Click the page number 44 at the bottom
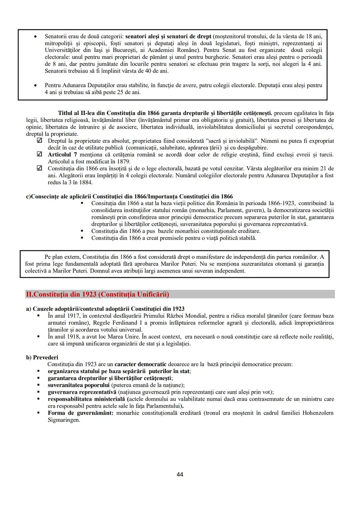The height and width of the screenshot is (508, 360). [x=180, y=474]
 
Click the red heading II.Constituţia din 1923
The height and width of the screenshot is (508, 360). [x=97, y=294]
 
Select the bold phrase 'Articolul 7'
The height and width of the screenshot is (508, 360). [x=62, y=155]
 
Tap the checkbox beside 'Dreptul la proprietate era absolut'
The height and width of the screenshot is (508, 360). [x=39, y=141]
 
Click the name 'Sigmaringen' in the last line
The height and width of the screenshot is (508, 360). [x=64, y=420]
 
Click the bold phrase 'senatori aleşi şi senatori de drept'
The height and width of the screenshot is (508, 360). [x=168, y=36]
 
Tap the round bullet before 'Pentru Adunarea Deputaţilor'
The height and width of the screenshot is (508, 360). [x=35, y=86]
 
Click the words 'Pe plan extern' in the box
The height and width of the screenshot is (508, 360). [x=62, y=257]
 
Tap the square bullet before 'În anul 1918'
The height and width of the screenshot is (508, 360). [x=39, y=337]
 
